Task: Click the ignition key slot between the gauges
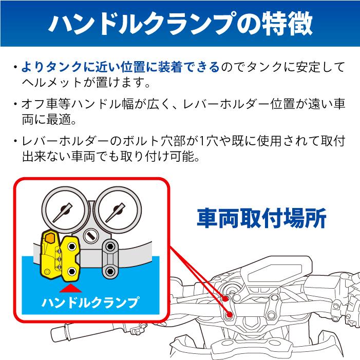tap(90, 237)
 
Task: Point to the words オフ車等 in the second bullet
tap(42, 104)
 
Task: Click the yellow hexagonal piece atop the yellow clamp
tap(50, 238)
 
